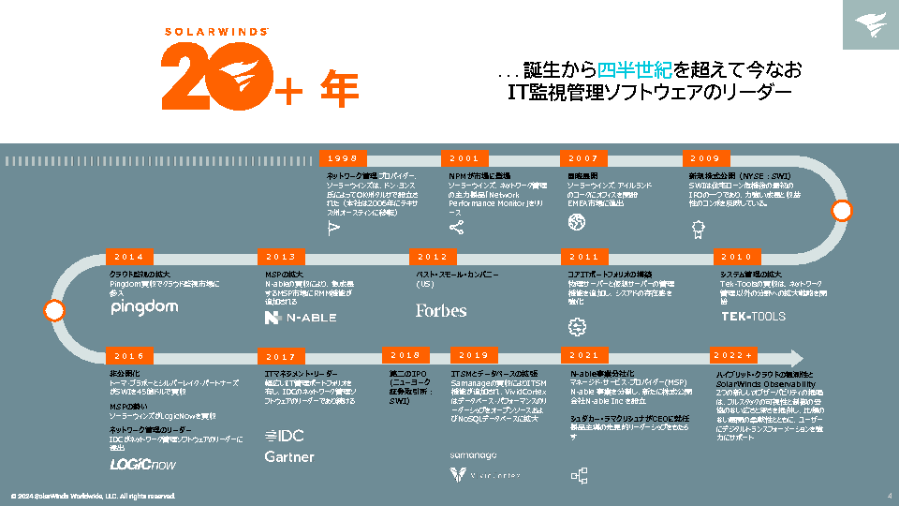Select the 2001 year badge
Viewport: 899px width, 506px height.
464,158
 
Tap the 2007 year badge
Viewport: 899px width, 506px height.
583,158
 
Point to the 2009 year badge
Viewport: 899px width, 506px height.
705,158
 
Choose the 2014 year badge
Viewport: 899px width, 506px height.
129,257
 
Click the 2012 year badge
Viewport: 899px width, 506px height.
433,257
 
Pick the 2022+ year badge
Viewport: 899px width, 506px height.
733,355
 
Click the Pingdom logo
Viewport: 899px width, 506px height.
144,308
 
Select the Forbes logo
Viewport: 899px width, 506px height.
441,310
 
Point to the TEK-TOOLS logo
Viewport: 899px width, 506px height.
753,317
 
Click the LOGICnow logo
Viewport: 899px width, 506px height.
142,464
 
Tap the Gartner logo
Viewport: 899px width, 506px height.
289,457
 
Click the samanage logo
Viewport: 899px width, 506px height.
474,455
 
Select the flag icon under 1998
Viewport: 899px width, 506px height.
333,227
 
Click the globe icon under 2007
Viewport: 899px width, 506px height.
576,223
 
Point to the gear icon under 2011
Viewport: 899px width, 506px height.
577,326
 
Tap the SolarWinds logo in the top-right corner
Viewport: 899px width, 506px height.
870,25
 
